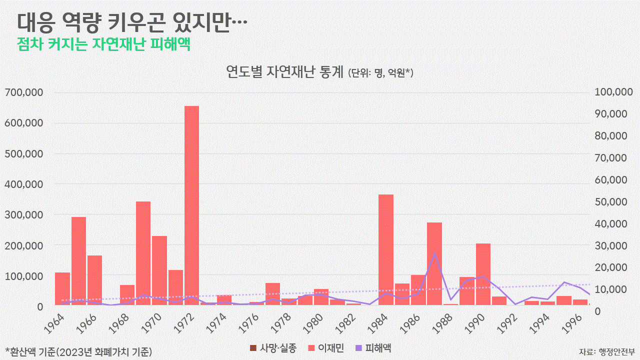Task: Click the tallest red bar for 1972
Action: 191,205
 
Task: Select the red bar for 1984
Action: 385,250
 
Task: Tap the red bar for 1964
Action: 62,289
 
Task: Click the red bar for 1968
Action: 127,295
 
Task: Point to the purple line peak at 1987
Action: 434,253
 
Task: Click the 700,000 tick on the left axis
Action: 24,92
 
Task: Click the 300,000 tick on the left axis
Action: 24,215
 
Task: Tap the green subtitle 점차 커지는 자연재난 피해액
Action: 103,43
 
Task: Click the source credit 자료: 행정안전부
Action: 607,350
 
